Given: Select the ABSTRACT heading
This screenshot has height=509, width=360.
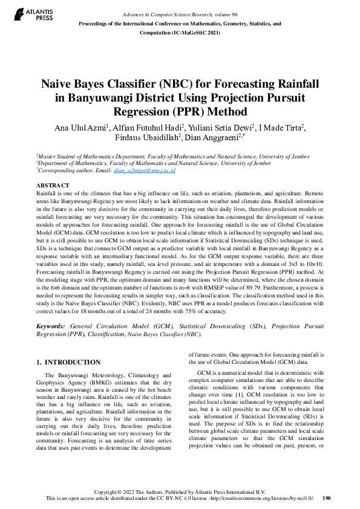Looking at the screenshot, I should pos(53,185).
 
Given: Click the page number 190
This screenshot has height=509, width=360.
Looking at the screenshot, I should pos(327,498).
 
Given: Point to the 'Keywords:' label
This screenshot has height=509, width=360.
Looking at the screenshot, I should pos(51,326).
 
